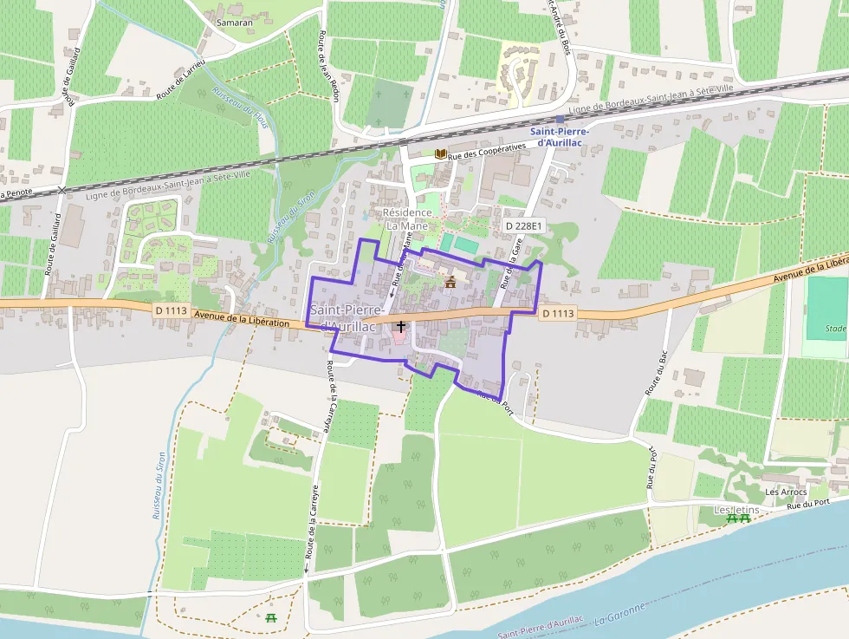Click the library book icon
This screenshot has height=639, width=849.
(440, 154)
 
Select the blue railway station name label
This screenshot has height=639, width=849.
(559, 136)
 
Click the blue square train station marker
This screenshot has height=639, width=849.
(561, 120)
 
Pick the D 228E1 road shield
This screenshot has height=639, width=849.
(523, 225)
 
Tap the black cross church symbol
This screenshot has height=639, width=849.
(400, 326)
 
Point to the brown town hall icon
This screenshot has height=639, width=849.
(450, 281)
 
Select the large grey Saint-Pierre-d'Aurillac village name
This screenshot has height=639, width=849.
(344, 317)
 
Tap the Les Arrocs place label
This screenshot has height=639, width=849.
(786, 492)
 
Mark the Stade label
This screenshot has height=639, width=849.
(835, 329)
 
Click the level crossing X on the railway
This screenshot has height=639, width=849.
(62, 188)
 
